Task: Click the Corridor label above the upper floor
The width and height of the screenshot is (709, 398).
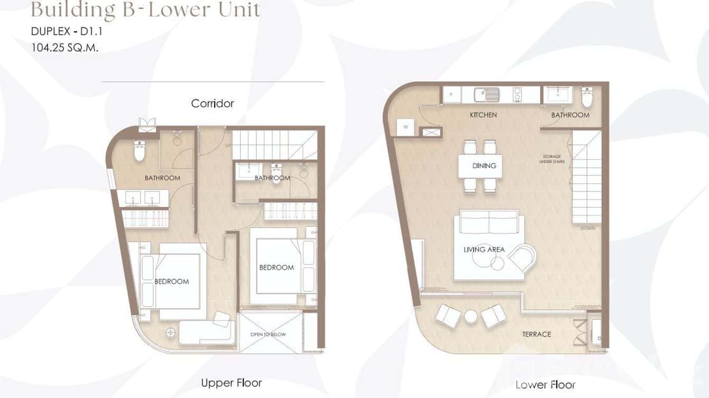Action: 212,103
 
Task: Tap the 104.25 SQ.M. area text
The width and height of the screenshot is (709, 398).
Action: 65,46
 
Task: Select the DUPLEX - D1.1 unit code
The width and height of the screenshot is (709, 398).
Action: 66,32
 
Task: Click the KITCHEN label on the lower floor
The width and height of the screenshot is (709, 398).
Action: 483,115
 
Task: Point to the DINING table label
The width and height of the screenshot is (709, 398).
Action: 484,166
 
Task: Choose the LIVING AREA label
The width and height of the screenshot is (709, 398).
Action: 484,249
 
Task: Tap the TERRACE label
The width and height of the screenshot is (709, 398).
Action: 536,334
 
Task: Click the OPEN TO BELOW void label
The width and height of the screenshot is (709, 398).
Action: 268,335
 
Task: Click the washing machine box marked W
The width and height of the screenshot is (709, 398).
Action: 405,127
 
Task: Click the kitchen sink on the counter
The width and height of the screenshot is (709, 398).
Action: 487,94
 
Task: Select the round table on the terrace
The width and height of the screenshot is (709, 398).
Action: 471,316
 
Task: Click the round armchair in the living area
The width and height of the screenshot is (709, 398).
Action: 522,259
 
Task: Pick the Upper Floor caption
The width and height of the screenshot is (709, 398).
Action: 231,383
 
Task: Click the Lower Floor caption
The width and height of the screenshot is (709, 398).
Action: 545,385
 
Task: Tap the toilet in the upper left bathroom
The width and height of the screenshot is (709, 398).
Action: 139,151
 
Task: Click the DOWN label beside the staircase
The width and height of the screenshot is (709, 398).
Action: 587,229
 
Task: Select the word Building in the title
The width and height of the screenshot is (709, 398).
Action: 67,10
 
